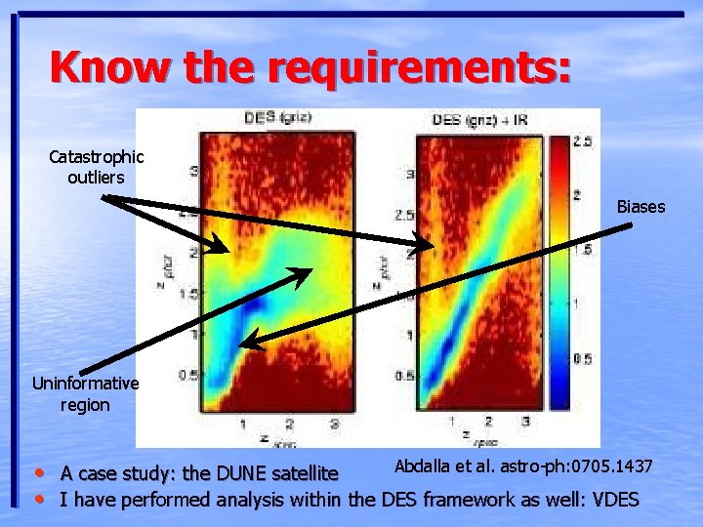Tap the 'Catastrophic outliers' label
96,167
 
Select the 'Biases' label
641,207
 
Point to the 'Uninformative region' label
85,394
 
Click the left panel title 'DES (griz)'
275,119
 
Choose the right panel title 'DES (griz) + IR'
480,120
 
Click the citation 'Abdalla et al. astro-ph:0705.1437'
523,466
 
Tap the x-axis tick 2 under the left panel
289,424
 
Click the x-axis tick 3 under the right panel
526,421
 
